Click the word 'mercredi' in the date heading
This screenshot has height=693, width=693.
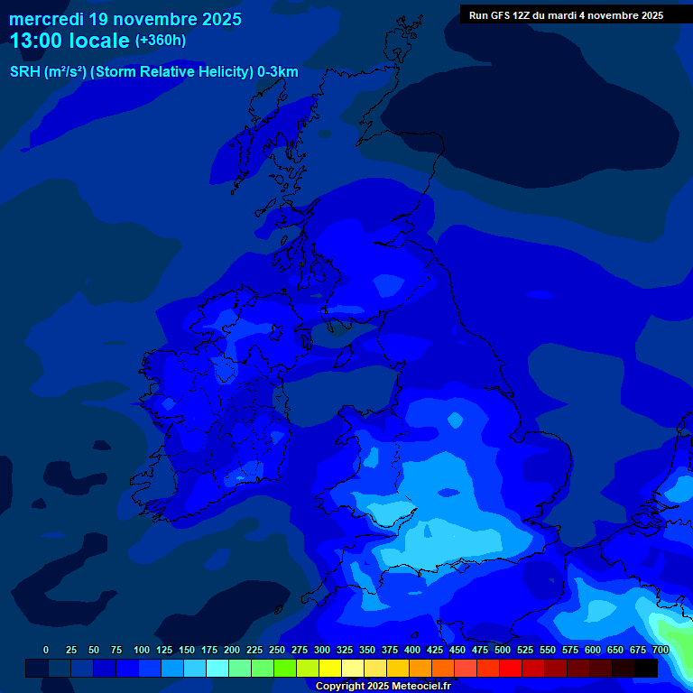(46, 18)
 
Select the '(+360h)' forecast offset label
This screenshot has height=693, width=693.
(160, 41)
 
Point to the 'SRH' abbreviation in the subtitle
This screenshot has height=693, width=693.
(24, 72)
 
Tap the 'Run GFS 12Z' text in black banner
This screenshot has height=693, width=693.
(499, 15)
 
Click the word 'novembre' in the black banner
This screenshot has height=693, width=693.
(607, 15)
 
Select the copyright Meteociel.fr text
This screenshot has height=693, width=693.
(383, 686)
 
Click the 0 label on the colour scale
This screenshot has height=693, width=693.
(46, 650)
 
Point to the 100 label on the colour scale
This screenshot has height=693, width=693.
(142, 650)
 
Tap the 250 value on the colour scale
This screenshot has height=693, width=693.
(277, 650)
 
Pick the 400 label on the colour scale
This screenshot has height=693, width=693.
(412, 650)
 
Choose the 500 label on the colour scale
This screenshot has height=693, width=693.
(503, 650)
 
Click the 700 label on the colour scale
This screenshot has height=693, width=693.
(661, 650)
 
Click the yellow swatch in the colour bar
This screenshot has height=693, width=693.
(330, 668)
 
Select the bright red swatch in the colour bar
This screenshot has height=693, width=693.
(511, 668)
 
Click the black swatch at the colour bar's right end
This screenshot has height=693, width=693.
(646, 668)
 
